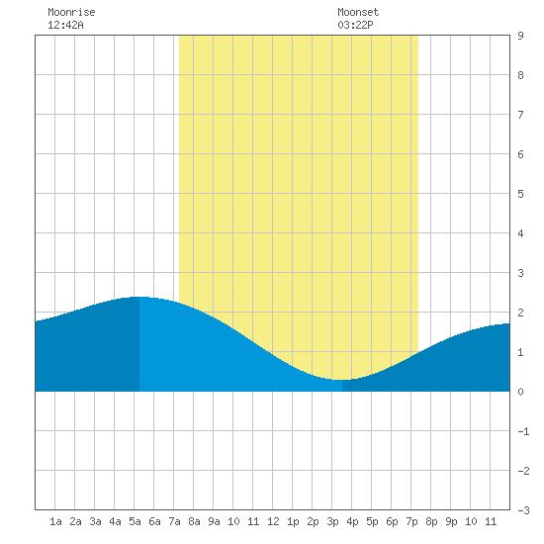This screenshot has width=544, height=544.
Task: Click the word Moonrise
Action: coord(71,12)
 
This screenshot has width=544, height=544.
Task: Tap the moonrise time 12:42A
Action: coord(65,25)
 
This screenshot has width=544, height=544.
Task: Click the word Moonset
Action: coord(358,12)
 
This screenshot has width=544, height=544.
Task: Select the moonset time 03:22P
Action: coord(356,25)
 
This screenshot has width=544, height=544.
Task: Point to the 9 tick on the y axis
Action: coord(520,36)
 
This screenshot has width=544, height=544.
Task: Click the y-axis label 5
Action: coord(520,194)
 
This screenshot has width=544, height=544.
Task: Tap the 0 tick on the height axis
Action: coord(520,392)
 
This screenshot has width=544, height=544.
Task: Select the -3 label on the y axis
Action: coord(523,510)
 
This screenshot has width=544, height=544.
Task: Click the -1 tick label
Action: coord(523,431)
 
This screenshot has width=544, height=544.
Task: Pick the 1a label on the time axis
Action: coord(55,521)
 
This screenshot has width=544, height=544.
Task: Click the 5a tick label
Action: coord(135,521)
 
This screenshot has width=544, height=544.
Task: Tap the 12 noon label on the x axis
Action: coord(273,521)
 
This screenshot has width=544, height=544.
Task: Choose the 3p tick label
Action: coord(332,522)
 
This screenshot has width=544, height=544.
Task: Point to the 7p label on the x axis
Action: coord(411,522)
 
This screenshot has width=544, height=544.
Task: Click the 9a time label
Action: coord(214,521)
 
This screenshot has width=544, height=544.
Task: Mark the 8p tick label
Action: coord(431,522)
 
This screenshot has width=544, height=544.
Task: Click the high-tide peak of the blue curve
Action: coord(139,297)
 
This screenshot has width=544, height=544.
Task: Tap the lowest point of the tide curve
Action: coord(342,380)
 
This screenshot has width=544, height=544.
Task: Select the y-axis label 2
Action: coord(520,313)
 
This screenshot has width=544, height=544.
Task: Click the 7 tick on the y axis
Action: coord(520,115)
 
